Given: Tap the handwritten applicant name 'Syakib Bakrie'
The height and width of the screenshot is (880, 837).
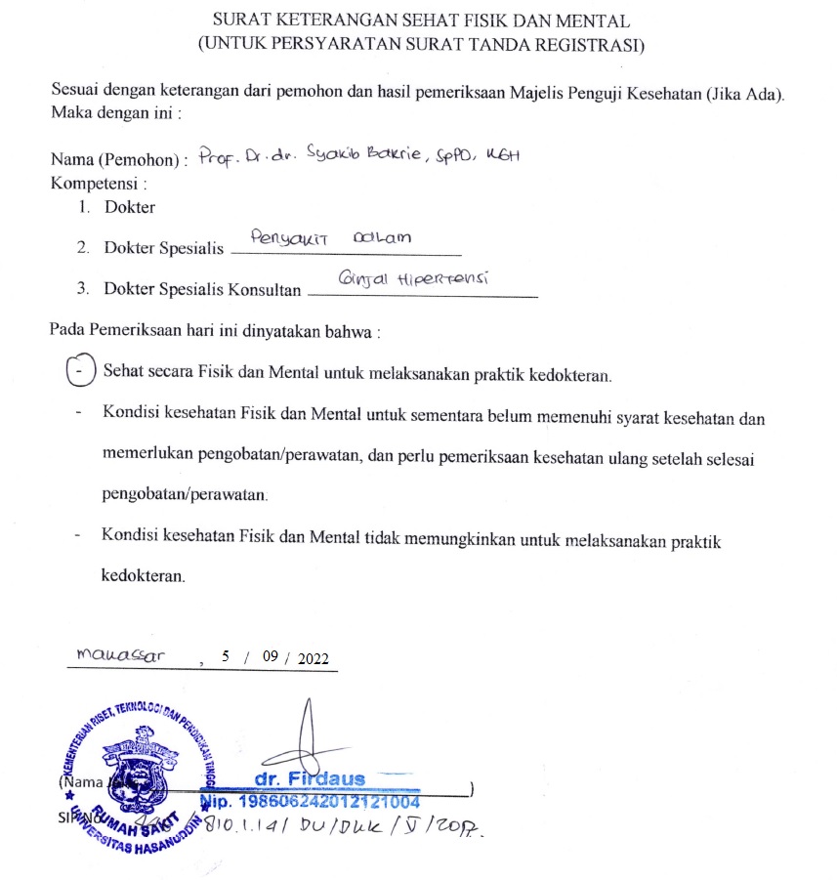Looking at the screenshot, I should point(409,156).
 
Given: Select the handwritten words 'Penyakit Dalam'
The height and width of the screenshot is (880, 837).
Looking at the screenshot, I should point(330,237).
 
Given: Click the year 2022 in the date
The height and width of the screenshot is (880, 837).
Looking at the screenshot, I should point(314,658).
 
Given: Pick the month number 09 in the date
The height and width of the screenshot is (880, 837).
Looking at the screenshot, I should point(272,658).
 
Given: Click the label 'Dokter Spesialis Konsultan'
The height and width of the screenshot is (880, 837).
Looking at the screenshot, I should point(202,289).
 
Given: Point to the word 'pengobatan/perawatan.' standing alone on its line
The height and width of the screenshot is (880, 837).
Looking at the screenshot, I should point(185,495).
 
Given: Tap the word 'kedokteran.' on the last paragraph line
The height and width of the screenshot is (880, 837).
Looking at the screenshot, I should point(143,575).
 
